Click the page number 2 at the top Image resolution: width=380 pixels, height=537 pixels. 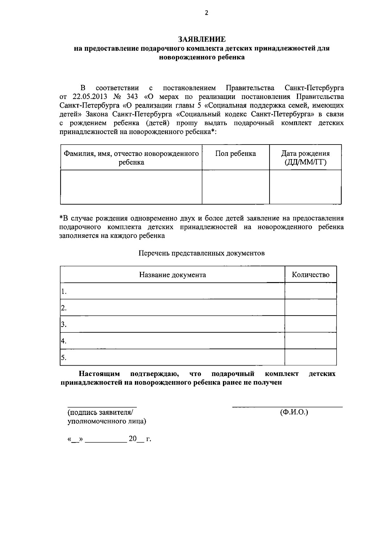tap(207, 13)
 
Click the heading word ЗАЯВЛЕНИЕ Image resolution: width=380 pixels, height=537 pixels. tap(202, 39)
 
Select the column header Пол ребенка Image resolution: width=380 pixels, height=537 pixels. tap(236, 154)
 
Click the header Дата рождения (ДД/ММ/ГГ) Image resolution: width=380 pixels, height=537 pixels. tap(305, 158)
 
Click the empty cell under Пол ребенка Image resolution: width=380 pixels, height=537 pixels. tap(236, 187)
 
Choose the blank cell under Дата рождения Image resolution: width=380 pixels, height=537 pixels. tap(305, 187)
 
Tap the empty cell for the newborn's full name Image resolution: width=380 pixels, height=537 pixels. tap(131, 187)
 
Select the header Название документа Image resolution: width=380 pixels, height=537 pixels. tap(172, 275)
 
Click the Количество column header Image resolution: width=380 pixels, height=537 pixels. tap(310, 275)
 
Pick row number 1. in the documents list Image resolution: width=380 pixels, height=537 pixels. tap(64, 291)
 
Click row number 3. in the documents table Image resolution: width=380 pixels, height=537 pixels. tap(64, 324)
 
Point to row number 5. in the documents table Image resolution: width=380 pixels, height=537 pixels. tap(64, 358)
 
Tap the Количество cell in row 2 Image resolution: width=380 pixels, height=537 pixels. tap(310, 308)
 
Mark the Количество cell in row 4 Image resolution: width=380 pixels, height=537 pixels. tap(310, 341)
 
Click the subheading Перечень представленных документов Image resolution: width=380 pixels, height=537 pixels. tap(201, 253)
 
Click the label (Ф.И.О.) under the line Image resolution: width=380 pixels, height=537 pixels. tap(294, 412)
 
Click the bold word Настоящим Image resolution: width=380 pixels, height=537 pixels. tap(99, 374)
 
